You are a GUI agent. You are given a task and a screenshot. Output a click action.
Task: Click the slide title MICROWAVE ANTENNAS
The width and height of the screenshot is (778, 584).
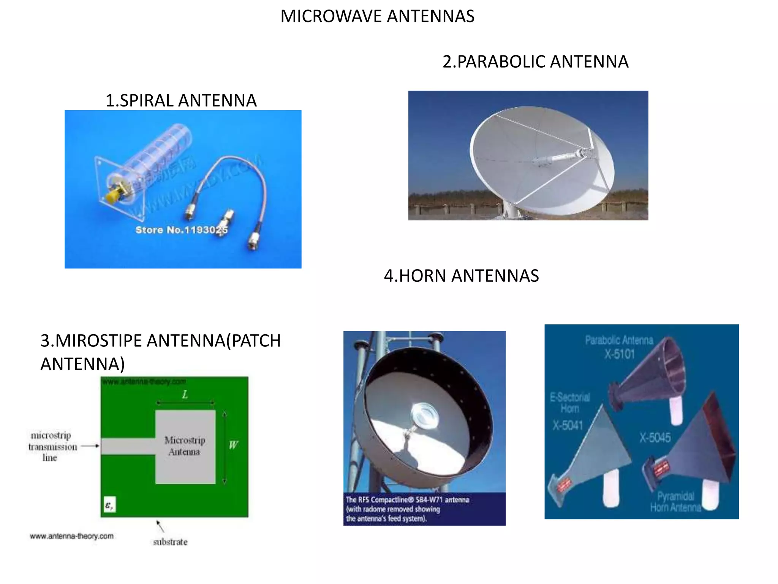coord(377,16)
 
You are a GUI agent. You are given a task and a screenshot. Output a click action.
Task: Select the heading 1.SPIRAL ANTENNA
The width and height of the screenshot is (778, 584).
coord(181,101)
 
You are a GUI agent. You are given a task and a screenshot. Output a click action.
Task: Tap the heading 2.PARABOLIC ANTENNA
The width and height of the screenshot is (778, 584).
coord(535,62)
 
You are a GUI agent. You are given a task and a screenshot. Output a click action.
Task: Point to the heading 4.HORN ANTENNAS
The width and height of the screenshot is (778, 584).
coord(461,276)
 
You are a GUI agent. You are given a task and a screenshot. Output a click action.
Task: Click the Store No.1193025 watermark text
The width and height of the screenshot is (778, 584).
coord(182,230)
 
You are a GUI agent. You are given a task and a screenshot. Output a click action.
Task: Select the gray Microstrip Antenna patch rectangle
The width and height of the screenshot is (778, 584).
coord(185,446)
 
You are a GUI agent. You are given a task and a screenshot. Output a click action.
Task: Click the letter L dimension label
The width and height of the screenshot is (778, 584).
coord(185,395)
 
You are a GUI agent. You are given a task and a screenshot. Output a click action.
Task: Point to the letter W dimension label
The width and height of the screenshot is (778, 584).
coord(233,445)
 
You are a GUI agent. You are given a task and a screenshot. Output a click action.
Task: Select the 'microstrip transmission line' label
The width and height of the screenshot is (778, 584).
coord(52,446)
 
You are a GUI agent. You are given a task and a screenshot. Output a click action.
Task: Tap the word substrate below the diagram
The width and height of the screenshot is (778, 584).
coord(170,542)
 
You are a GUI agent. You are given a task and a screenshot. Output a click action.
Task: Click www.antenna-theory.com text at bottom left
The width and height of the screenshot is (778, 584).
coord(71,536)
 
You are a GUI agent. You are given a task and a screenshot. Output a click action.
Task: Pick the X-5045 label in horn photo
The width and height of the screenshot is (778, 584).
coord(655,438)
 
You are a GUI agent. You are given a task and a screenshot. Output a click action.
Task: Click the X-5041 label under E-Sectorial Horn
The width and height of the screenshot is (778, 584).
coord(567,425)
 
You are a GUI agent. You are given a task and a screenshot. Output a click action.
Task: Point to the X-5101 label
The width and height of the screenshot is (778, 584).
coord(620,354)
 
